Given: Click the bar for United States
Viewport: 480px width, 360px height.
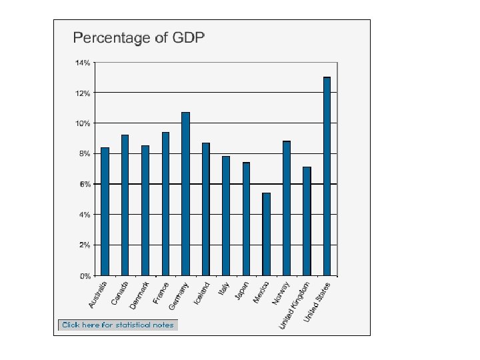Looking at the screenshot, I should coord(327,176).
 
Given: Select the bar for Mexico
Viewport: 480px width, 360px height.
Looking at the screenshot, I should coord(266,234).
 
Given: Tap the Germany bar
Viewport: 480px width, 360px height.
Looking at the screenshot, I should coord(185,193).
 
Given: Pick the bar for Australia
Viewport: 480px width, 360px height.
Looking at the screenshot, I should coord(105,211).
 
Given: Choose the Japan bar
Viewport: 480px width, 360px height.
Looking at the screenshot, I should coord(246,219).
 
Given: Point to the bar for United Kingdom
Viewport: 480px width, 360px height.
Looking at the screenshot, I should coord(307,221).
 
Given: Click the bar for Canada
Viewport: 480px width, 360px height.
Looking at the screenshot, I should coord(125,205).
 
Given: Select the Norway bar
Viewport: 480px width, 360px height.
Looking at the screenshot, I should coord(287,208).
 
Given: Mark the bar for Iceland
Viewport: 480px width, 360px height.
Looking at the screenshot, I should coord(206,209).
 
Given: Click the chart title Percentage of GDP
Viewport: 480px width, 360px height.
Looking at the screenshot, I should coord(139,37).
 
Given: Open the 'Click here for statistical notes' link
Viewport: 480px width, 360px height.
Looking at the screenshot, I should coord(118,325).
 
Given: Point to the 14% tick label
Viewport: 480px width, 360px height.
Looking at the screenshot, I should coord(83,63).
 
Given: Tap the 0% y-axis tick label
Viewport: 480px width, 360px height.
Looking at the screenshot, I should coord(85,275).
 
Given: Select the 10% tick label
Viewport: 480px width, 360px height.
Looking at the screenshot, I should coord(83,123).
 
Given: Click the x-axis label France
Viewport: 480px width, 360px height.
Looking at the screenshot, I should coord(161,293).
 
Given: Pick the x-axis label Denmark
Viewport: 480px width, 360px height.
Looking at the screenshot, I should coord(139,295).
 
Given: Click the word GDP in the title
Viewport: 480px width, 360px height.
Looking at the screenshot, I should coord(187,37).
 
